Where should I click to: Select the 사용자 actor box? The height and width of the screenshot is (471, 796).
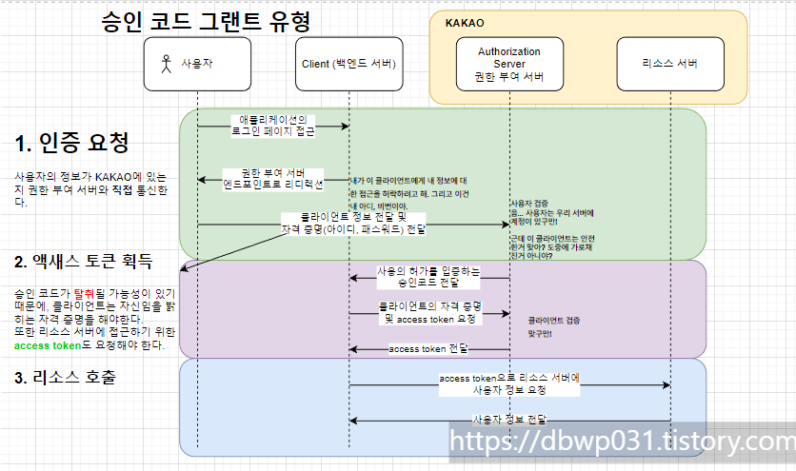[197, 64]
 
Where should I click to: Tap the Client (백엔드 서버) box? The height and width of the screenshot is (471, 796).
[348, 64]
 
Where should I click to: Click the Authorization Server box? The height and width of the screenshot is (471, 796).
[508, 64]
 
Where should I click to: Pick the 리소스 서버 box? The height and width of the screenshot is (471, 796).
[670, 64]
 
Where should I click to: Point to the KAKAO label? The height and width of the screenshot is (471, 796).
[466, 22]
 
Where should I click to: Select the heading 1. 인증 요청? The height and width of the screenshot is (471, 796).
[72, 143]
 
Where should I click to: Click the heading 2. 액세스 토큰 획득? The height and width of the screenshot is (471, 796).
[84, 261]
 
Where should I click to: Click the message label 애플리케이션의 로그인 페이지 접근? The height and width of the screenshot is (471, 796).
[272, 126]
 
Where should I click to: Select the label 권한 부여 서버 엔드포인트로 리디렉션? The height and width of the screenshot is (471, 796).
[273, 178]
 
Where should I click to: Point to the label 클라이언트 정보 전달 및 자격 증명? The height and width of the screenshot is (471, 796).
[354, 223]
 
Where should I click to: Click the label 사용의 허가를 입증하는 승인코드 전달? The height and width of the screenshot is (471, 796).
[428, 277]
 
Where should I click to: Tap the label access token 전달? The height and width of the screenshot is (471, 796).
[428, 349]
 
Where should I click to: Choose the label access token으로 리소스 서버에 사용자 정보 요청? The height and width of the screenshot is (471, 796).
[508, 384]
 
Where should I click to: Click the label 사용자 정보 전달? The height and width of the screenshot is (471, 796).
[509, 420]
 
